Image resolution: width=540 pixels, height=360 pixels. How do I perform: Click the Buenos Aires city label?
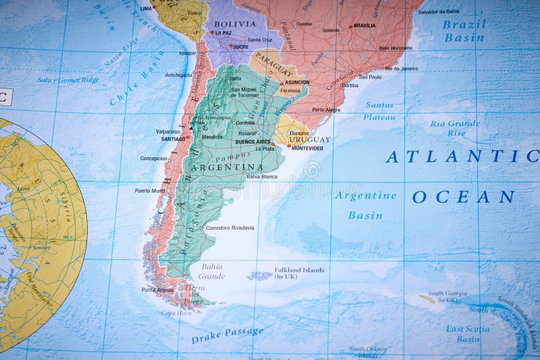point(253,142)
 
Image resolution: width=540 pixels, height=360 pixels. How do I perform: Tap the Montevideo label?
point(307,148)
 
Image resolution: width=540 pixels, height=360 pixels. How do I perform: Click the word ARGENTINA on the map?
point(227,167)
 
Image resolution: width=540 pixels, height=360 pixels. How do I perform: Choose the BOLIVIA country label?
point(235,24)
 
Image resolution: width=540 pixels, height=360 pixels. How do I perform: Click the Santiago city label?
point(173,139)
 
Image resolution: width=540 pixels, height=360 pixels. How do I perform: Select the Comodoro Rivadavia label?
point(230,228)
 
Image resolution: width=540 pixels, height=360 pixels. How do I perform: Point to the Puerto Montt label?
point(149,190)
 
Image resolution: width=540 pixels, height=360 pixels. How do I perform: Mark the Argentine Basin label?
point(365,205)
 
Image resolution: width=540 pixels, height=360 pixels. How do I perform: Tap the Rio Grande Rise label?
point(455,128)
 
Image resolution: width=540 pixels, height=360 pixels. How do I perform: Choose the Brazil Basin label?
point(464,31)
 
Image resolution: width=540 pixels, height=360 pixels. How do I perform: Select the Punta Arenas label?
point(157,290)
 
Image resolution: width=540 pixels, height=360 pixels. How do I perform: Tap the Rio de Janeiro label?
point(402,68)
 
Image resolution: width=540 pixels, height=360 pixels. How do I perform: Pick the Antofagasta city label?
point(179,75)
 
